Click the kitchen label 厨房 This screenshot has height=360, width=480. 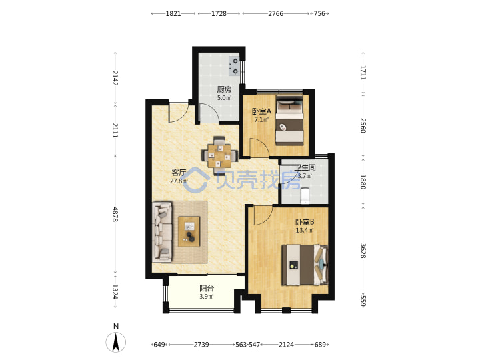pos(224,89)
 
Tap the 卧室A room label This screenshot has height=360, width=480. pos(261,111)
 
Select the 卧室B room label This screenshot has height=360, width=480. pos(305,221)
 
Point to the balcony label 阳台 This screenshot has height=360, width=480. pos(207,288)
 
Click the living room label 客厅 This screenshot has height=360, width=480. pos(179,173)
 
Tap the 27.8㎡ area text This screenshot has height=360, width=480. pos(179,181)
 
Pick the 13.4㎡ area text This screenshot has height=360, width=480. pos(305,230)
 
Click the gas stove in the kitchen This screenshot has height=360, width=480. pos(234,66)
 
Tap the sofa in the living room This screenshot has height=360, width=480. pos(162,232)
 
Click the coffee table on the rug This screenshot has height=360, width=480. pos(189,231)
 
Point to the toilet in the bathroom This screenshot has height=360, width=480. pos(305,195)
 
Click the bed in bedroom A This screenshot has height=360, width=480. pos(289,121)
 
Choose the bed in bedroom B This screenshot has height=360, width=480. pos(305,265)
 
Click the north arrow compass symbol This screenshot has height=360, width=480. pos(116,342)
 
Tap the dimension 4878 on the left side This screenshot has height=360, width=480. pos(115,214)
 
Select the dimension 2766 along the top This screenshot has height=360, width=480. pos(275,13)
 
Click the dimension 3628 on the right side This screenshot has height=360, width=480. pos(363,251)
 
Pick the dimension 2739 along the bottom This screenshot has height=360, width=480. pos(201,345)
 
